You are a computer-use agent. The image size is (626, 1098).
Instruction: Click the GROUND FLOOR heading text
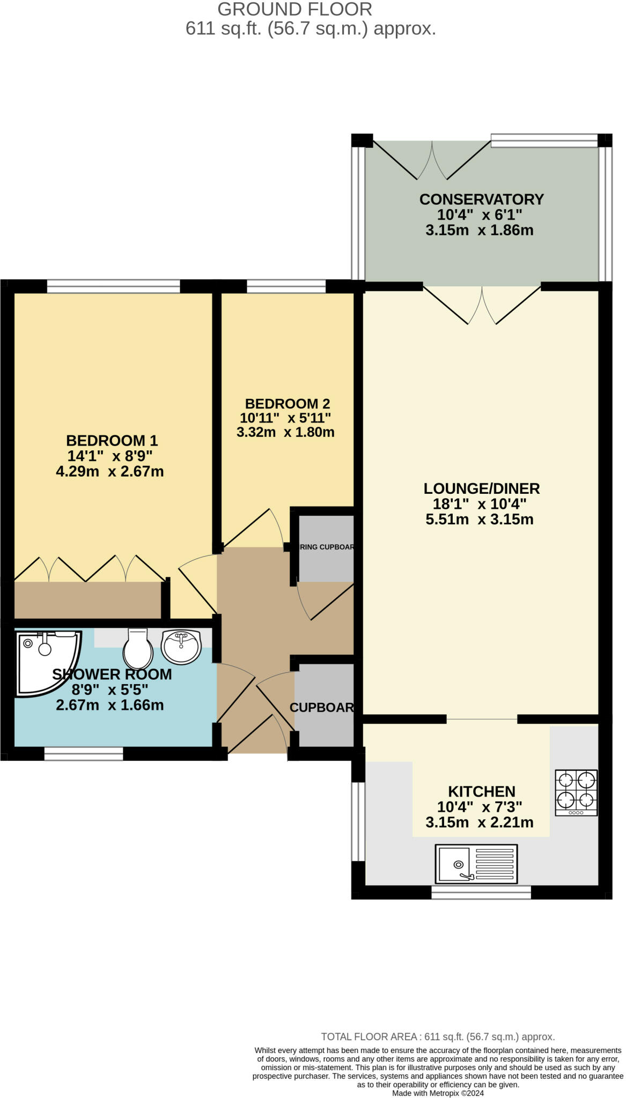pyautogui.click(x=294, y=9)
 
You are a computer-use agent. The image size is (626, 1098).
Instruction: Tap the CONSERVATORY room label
pyautogui.click(x=481, y=199)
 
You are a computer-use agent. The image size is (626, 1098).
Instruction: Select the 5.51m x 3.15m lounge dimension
pyautogui.click(x=479, y=519)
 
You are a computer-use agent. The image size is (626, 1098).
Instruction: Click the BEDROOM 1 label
pyautogui.click(x=112, y=441)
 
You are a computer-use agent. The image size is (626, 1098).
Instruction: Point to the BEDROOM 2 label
pyautogui.click(x=287, y=404)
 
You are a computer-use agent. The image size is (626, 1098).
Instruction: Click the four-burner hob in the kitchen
pyautogui.click(x=576, y=792)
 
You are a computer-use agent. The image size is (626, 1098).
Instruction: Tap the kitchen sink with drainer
pyautogui.click(x=476, y=864)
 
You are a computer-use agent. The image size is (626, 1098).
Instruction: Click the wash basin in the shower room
pyautogui.click(x=181, y=647)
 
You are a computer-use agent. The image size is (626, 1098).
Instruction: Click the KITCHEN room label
pyautogui.click(x=481, y=791)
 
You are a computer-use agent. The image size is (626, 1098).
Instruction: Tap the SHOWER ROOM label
pyautogui.click(x=112, y=674)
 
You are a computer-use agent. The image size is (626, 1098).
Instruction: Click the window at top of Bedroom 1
pyautogui.click(x=113, y=287)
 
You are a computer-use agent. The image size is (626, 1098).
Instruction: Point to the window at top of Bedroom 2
pyautogui.click(x=286, y=287)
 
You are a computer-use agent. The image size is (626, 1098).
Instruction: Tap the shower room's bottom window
pyautogui.click(x=83, y=754)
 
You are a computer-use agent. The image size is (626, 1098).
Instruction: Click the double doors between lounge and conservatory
pyautogui.click(x=481, y=305)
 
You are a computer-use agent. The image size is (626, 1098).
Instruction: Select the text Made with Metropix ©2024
pyautogui.click(x=438, y=1093)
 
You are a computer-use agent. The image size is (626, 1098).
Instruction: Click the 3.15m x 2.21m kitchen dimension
pyautogui.click(x=479, y=822)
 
